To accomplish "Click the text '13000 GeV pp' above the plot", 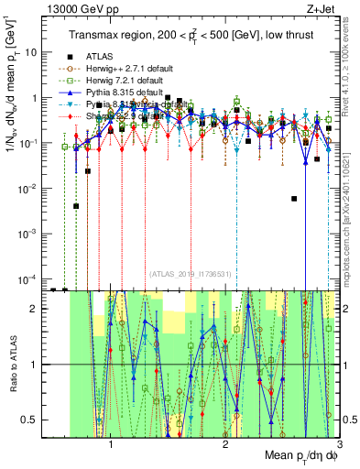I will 78,8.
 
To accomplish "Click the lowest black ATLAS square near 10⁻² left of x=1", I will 77,206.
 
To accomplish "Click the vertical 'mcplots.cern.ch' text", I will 352,229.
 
